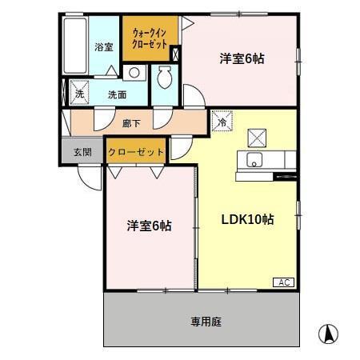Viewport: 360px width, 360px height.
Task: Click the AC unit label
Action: [284, 282]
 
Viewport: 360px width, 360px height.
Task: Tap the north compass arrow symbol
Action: [326, 333]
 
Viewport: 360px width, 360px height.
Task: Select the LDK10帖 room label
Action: [247, 219]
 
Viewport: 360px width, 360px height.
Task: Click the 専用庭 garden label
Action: [206, 322]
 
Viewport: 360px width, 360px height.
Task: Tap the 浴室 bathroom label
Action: [103, 46]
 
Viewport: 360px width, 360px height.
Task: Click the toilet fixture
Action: [166, 78]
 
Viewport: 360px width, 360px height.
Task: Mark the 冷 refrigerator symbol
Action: [222, 122]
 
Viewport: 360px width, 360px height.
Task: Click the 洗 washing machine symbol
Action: [79, 94]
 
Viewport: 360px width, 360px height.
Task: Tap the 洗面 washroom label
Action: [118, 94]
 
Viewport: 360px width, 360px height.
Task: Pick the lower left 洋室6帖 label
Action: [149, 226]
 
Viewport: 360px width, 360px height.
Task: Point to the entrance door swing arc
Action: [90, 178]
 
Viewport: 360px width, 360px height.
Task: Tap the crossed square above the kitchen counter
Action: [256, 136]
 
